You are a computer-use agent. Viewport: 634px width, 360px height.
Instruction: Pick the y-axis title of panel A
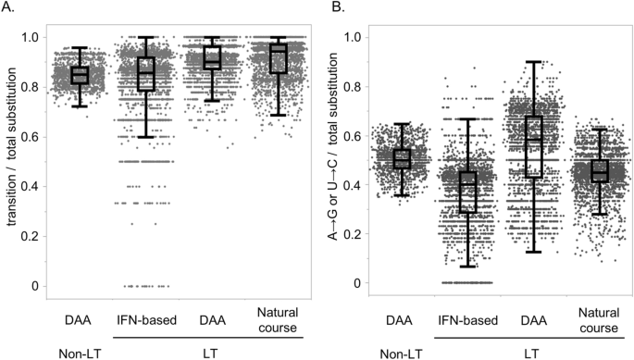[12, 161]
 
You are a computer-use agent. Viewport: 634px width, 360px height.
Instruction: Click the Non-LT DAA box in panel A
[81, 75]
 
